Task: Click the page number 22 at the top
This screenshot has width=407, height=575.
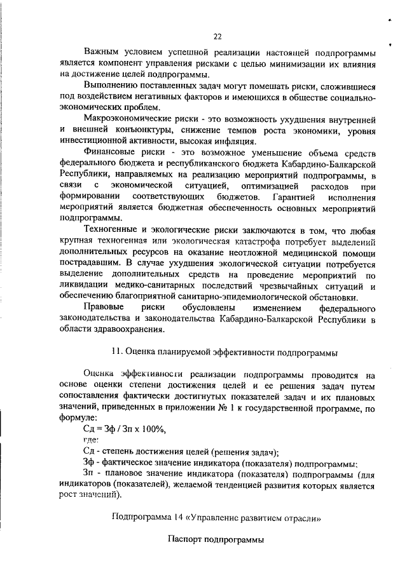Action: point(217,36)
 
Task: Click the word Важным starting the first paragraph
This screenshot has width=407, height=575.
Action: point(102,53)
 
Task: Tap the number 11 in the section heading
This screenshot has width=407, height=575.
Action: point(115,351)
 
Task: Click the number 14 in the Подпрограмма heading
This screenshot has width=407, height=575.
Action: point(173,517)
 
